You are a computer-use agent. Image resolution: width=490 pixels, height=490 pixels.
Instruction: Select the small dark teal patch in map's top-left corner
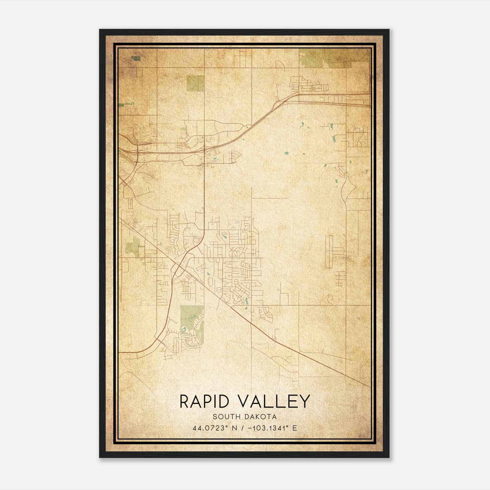point(135,58)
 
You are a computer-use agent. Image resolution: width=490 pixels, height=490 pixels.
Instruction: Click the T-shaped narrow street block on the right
point(334,251)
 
